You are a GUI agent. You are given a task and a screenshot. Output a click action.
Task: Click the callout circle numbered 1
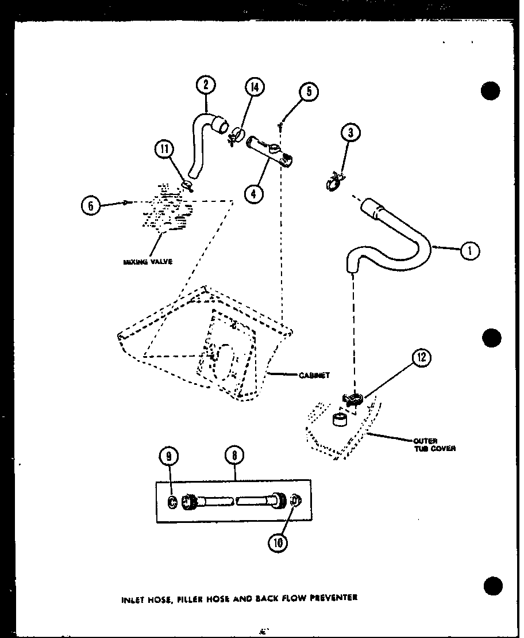click(470, 250)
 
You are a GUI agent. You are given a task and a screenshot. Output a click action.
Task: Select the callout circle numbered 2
click(205, 85)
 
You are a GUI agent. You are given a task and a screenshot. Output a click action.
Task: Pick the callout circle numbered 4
click(253, 194)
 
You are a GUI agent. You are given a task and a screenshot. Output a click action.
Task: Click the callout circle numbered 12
click(421, 358)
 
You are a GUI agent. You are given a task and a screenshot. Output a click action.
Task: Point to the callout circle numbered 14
click(253, 88)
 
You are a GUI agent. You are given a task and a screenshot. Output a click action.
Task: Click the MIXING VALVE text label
click(147, 261)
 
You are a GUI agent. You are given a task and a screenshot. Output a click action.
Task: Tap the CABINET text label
click(314, 375)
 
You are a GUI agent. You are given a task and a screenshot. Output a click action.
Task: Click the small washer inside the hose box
click(172, 502)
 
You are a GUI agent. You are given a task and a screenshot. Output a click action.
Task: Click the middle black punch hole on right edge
click(492, 338)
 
